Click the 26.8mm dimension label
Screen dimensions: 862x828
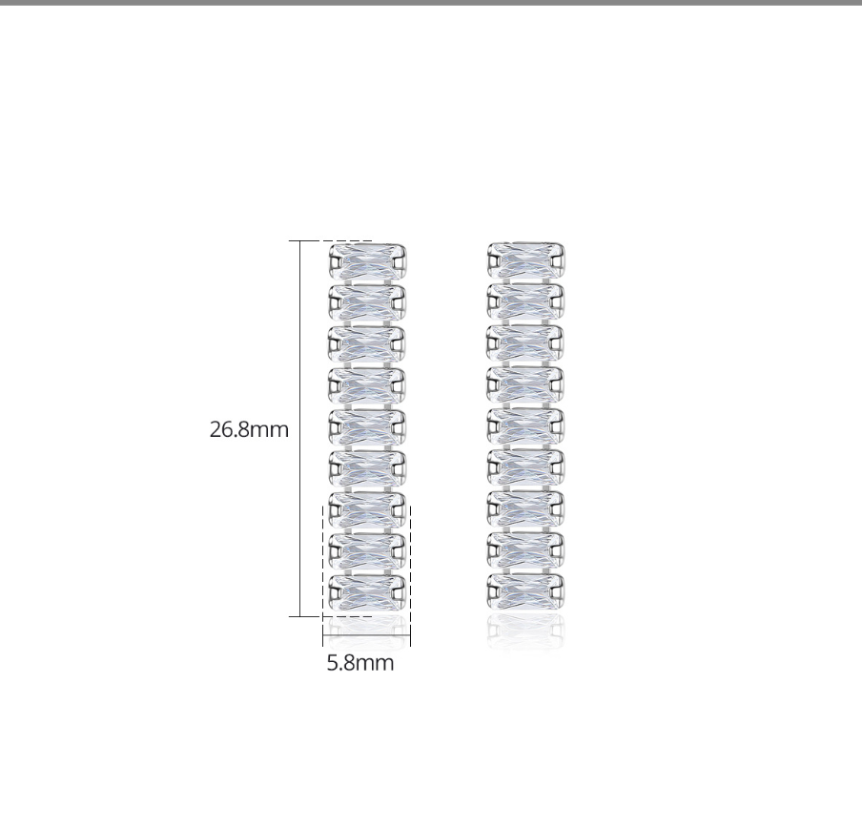click(249, 429)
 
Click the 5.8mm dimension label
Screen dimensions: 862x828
click(360, 663)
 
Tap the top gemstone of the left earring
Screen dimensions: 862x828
click(367, 260)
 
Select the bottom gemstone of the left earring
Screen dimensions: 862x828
click(367, 591)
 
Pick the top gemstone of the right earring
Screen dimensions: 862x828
click(526, 259)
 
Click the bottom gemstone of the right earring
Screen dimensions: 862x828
click(526, 591)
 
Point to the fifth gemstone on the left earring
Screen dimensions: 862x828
click(367, 426)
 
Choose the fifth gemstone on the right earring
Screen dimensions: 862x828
click(526, 425)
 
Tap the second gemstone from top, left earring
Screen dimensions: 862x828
click(367, 302)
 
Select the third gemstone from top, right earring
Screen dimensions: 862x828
click(526, 342)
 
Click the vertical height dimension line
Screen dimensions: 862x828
click(300, 429)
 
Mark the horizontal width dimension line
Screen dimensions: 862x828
click(367, 635)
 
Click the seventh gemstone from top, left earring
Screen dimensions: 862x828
click(367, 509)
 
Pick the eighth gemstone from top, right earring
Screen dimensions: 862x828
click(526, 549)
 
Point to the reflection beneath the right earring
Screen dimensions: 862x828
click(526, 631)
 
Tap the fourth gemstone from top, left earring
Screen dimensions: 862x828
click(367, 384)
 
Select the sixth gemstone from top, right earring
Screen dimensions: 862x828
click(526, 466)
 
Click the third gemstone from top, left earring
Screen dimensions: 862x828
click(367, 343)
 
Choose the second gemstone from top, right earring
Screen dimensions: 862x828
click(526, 301)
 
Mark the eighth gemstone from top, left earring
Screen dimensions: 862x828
click(367, 550)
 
